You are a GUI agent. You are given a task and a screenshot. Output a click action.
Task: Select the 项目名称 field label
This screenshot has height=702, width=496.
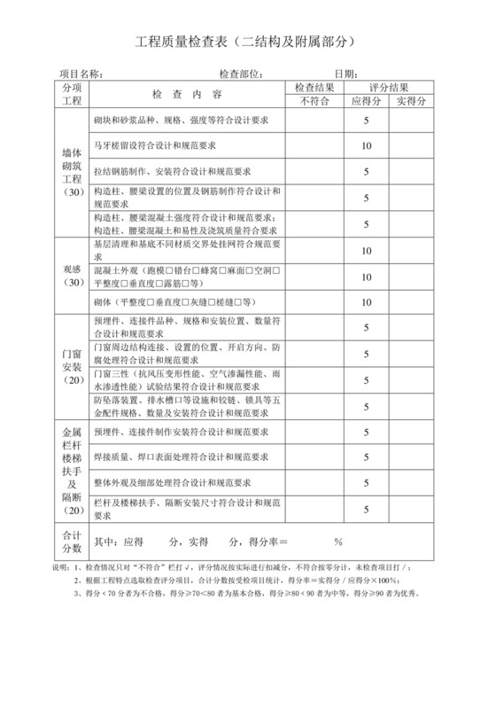[x=81, y=73]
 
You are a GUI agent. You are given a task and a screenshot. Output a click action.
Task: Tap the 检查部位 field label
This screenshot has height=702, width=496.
[x=240, y=73]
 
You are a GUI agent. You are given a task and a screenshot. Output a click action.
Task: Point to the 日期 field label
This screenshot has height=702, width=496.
[x=345, y=73]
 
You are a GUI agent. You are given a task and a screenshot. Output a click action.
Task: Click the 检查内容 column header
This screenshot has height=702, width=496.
[x=187, y=93]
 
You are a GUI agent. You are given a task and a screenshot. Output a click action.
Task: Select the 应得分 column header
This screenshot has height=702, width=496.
[x=365, y=100]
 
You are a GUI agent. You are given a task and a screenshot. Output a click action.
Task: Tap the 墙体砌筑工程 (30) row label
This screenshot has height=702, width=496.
[x=72, y=170]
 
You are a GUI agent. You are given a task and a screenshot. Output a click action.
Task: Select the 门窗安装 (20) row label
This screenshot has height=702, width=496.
[x=72, y=362]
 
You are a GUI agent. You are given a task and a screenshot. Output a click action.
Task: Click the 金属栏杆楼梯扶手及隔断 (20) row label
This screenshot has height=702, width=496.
[x=72, y=472]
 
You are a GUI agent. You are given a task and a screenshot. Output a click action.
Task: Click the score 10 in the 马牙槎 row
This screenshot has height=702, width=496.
[x=365, y=145]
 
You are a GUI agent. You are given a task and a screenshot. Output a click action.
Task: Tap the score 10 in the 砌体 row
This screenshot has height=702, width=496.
[x=365, y=301]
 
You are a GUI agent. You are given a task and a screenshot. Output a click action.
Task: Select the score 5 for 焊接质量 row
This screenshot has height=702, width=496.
[x=365, y=457]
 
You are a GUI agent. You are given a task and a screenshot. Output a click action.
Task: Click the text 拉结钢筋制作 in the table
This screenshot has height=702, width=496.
[x=123, y=170]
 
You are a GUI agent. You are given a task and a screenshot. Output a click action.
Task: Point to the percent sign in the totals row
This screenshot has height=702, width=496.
[x=337, y=542]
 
